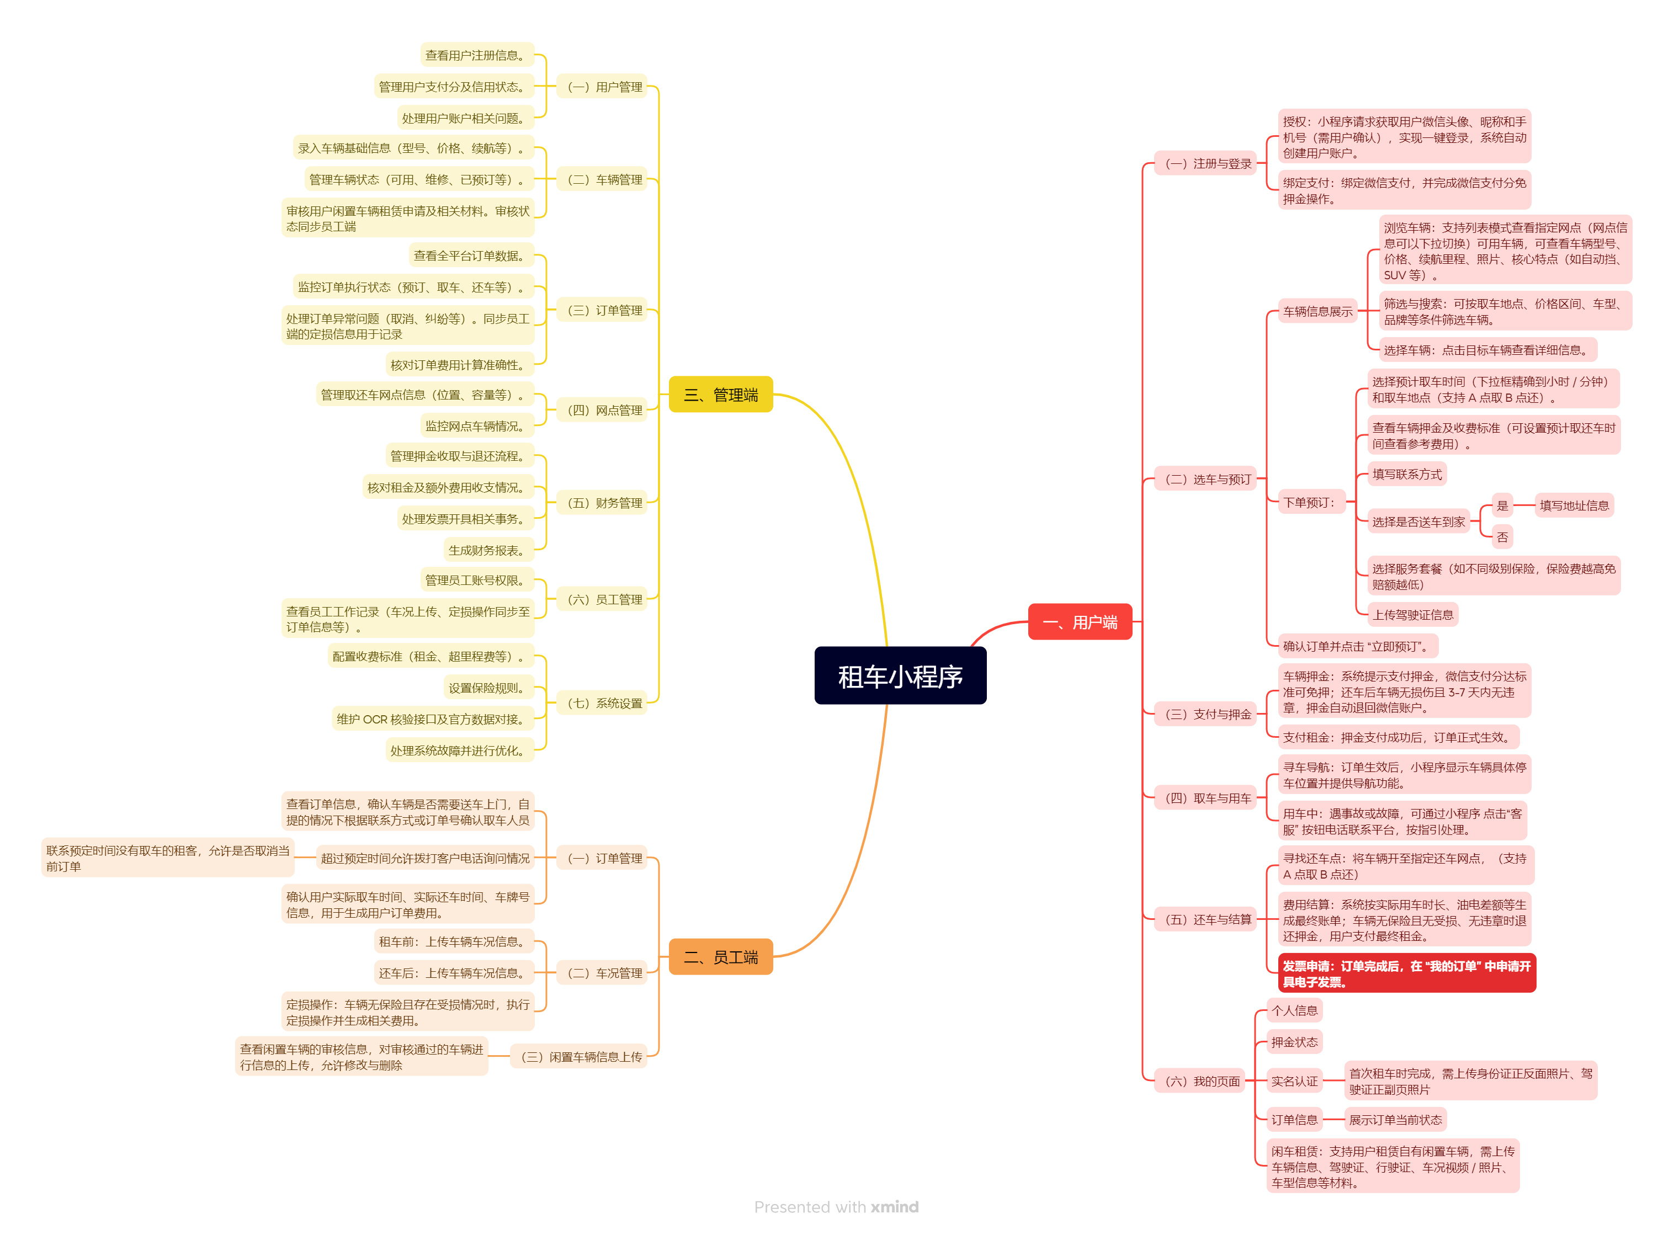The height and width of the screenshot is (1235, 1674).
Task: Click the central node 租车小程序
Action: tap(900, 676)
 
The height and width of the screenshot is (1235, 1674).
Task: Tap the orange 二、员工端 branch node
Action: tap(720, 957)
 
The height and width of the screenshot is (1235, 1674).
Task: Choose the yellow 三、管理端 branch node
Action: tap(720, 395)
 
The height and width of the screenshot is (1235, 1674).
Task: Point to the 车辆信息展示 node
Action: tap(1317, 311)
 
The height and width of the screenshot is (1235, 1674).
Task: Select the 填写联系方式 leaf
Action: tap(1406, 474)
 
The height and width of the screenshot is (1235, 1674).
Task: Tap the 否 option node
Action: tap(1501, 537)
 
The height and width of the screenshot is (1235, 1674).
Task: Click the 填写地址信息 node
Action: tap(1573, 505)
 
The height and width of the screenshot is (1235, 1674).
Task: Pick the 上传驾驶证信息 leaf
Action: tap(1412, 615)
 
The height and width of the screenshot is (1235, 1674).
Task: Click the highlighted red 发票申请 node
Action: tap(1406, 973)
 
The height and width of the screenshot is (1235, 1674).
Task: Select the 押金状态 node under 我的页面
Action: tap(1294, 1042)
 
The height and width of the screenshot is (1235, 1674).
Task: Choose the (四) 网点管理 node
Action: tap(604, 409)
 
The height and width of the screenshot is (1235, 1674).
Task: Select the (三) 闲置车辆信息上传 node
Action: tap(580, 1056)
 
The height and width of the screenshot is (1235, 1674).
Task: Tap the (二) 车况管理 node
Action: tap(604, 972)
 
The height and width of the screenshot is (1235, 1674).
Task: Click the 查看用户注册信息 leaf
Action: tap(476, 55)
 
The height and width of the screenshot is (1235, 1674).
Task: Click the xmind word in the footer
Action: tap(894, 1207)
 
